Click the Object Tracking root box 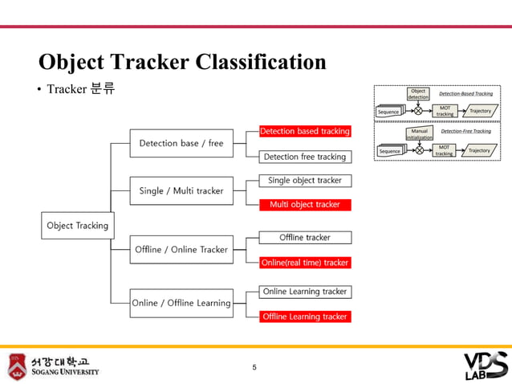point(77,226)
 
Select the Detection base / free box point(181,143)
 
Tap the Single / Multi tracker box point(181,191)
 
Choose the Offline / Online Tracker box point(181,250)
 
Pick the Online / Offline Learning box point(181,303)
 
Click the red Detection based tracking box point(304,131)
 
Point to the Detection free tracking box point(304,157)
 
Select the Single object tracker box point(304,181)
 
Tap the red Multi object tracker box point(304,205)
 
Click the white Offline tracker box point(304,237)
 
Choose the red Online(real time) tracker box point(304,263)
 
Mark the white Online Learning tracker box point(304,292)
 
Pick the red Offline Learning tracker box point(304,317)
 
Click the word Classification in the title point(262,63)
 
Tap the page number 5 point(254,368)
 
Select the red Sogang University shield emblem point(17,366)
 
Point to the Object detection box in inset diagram point(418,94)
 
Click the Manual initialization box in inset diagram point(419,133)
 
